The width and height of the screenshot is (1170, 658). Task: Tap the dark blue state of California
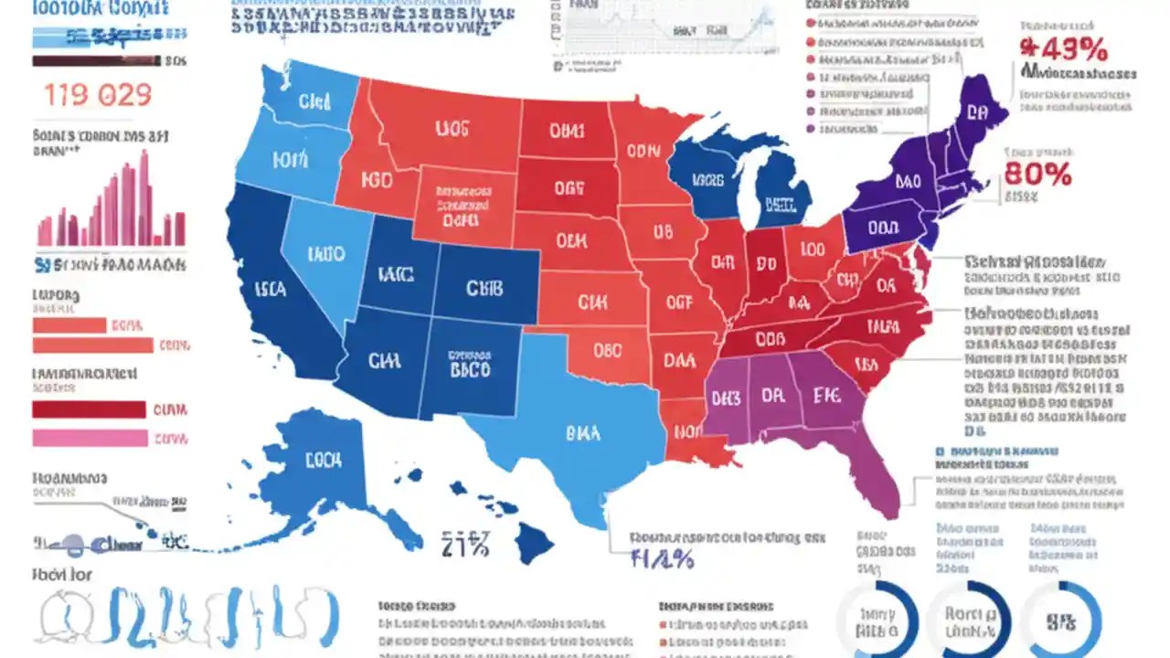point(274,292)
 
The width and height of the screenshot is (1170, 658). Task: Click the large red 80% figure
point(1037,174)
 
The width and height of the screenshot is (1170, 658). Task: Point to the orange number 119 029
point(98,96)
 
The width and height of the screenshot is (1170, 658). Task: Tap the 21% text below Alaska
point(465,547)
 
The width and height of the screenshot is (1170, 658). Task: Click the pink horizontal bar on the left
point(90,438)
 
